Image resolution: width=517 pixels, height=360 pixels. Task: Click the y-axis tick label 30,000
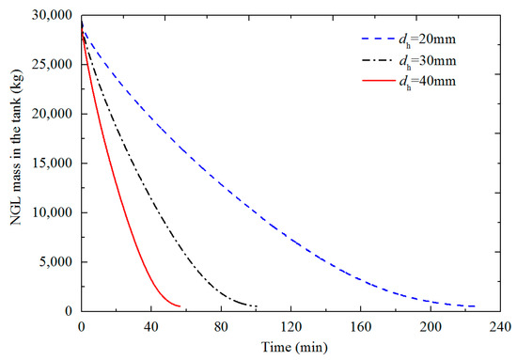(52, 15)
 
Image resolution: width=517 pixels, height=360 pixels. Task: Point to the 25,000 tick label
(52, 64)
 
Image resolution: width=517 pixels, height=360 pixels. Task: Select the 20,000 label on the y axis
(52, 114)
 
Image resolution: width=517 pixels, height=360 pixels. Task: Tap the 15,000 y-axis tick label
(52, 164)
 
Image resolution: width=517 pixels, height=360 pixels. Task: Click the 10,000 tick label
(52, 212)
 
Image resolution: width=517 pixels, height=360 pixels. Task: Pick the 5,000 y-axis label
(55, 261)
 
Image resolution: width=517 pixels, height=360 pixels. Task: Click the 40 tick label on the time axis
(151, 327)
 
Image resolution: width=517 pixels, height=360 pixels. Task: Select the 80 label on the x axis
(221, 327)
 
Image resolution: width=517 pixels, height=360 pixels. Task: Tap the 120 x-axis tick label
(290, 327)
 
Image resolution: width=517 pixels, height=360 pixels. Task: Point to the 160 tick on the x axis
(361, 327)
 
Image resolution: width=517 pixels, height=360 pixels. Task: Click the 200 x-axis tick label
(431, 327)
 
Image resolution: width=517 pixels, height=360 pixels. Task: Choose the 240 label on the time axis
(500, 327)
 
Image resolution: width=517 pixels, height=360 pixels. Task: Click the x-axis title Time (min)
(294, 347)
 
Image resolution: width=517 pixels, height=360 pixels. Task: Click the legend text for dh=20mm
(428, 40)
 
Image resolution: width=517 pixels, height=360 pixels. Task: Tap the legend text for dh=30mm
(428, 61)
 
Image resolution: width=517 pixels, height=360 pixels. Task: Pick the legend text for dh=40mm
(428, 82)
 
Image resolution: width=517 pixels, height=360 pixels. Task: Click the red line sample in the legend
(378, 81)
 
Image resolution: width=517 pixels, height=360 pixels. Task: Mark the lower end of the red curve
(180, 306)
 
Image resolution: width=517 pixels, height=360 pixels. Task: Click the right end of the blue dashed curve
(475, 306)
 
